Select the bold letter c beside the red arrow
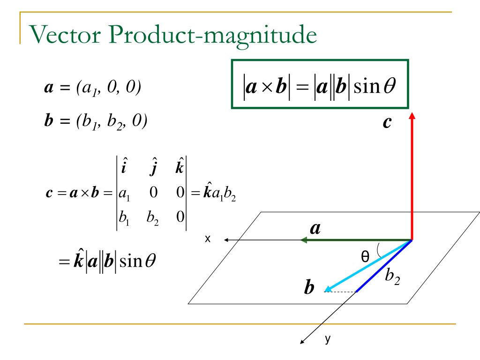point(387,123)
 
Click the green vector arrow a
point(356,240)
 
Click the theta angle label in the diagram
point(365,256)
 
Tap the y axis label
point(328,339)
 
